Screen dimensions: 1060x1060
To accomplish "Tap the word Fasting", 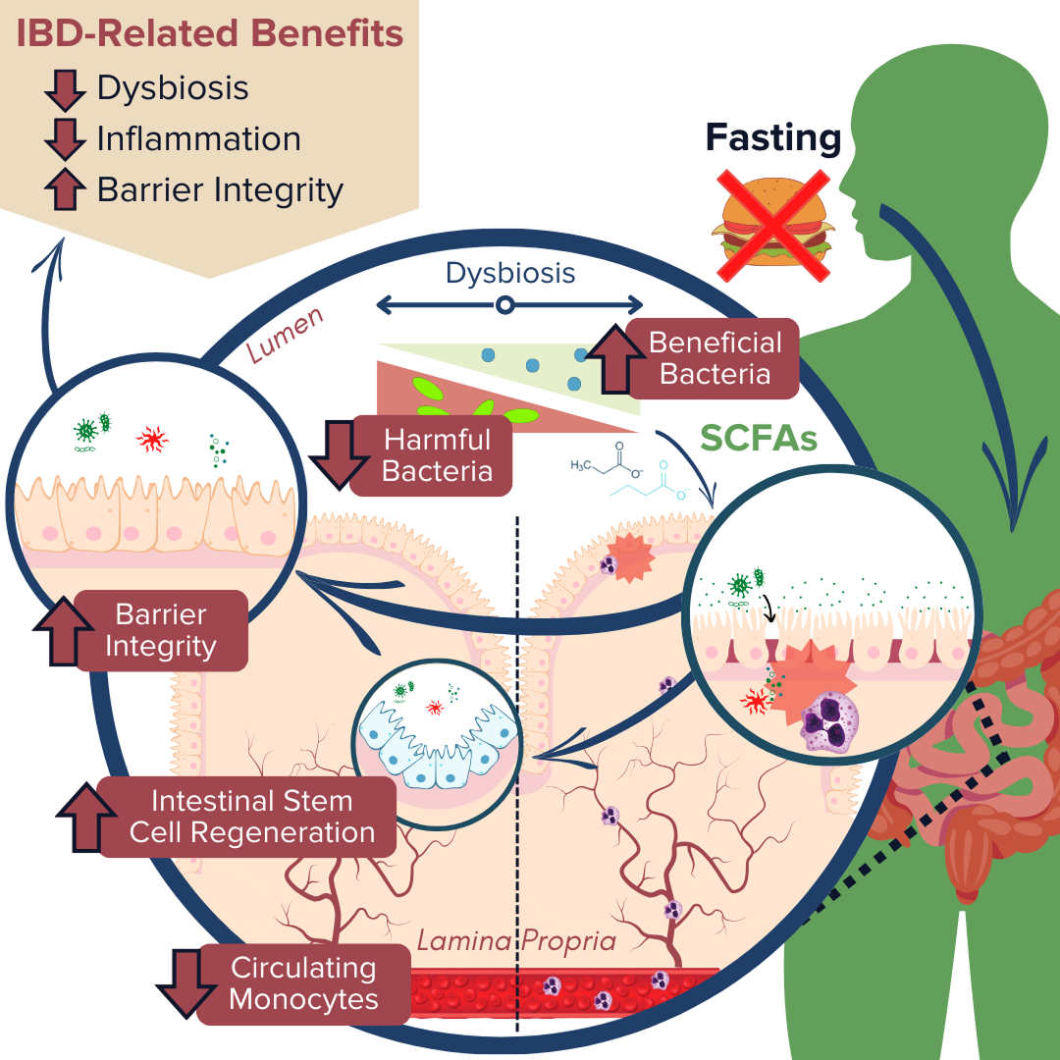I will pyautogui.click(x=773, y=138).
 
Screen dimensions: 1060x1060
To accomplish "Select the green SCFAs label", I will pyautogui.click(x=758, y=440).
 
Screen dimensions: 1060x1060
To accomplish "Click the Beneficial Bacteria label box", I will pyautogui.click(x=714, y=358).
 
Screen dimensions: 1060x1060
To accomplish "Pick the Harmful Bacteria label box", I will pyautogui.click(x=436, y=454).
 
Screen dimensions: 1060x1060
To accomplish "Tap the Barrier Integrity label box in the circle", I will pyautogui.click(x=160, y=631).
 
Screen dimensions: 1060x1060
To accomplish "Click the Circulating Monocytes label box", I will pyautogui.click(x=303, y=984).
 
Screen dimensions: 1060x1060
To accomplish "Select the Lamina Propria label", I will pyautogui.click(x=516, y=941).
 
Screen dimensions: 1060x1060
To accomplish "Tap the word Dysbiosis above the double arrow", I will pyautogui.click(x=510, y=272).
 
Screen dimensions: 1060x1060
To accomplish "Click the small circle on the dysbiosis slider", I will pyautogui.click(x=504, y=305).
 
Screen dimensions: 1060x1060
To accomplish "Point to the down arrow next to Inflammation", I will pyautogui.click(x=67, y=138).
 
